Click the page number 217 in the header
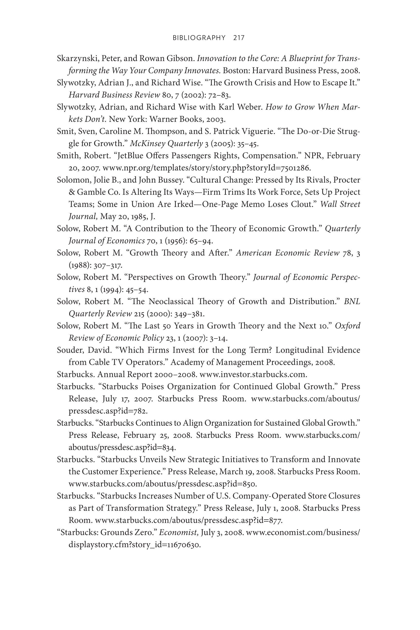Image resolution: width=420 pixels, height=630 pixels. pos(239,38)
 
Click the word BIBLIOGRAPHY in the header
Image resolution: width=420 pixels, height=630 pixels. pos(199,38)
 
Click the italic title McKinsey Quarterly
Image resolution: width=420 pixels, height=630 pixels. pos(166,144)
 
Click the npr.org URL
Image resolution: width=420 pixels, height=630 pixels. pos(207,168)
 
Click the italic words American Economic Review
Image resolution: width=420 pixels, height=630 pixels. pos(287,253)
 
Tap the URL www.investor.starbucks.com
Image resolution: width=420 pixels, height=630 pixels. pos(253,374)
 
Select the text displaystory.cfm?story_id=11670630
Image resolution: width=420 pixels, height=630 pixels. pos(135,545)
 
